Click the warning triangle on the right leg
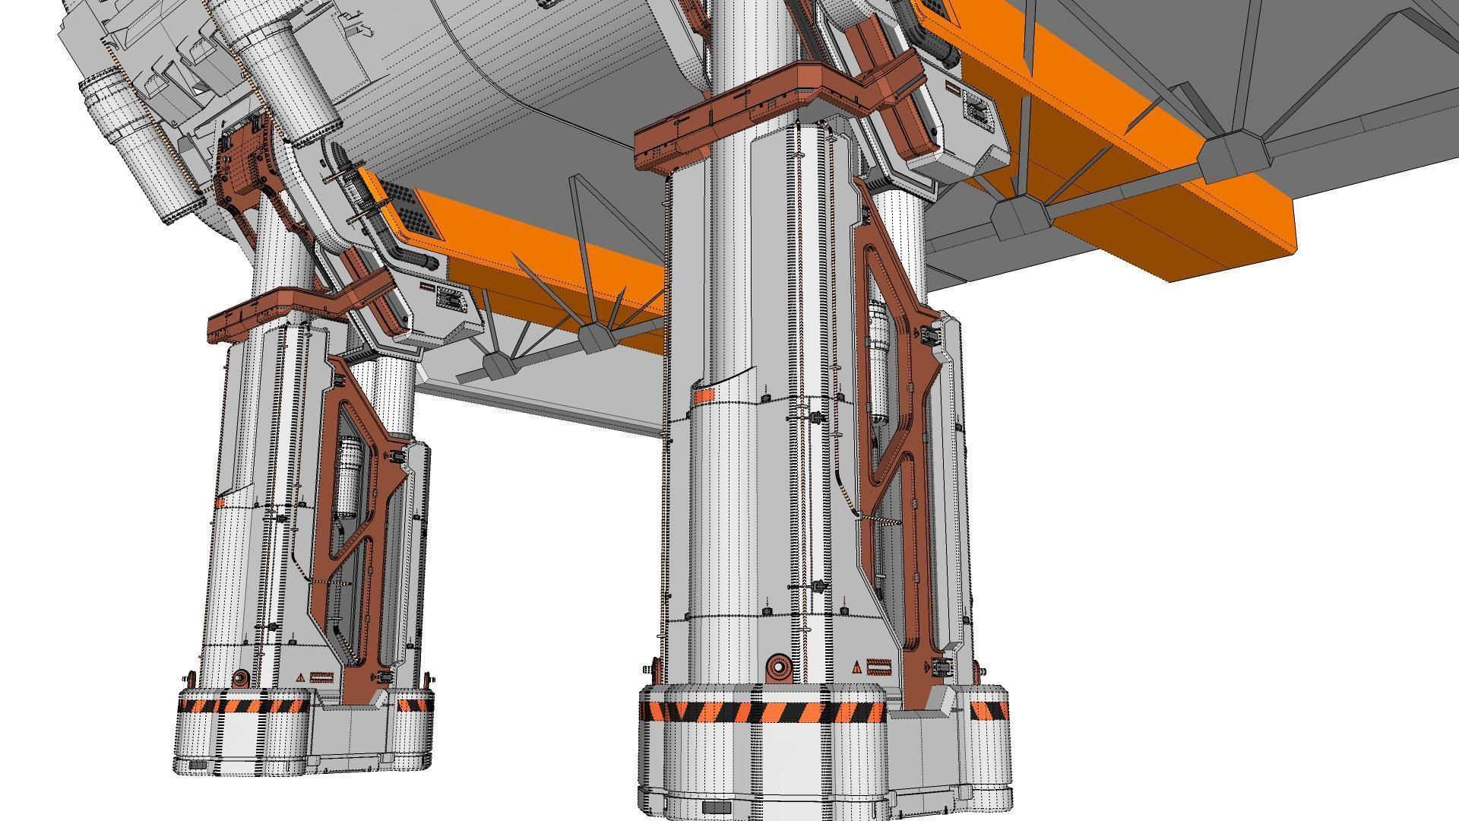[x=856, y=668]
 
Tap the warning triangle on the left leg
[x=301, y=677]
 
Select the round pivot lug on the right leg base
[x=779, y=667]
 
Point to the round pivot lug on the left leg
[x=241, y=677]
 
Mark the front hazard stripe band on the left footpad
[x=243, y=706]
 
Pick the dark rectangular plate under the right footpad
[x=716, y=807]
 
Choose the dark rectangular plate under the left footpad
[x=198, y=765]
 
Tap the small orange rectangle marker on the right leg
[x=704, y=395]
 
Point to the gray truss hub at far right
[x=1233, y=158]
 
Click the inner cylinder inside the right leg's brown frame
[x=878, y=357]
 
